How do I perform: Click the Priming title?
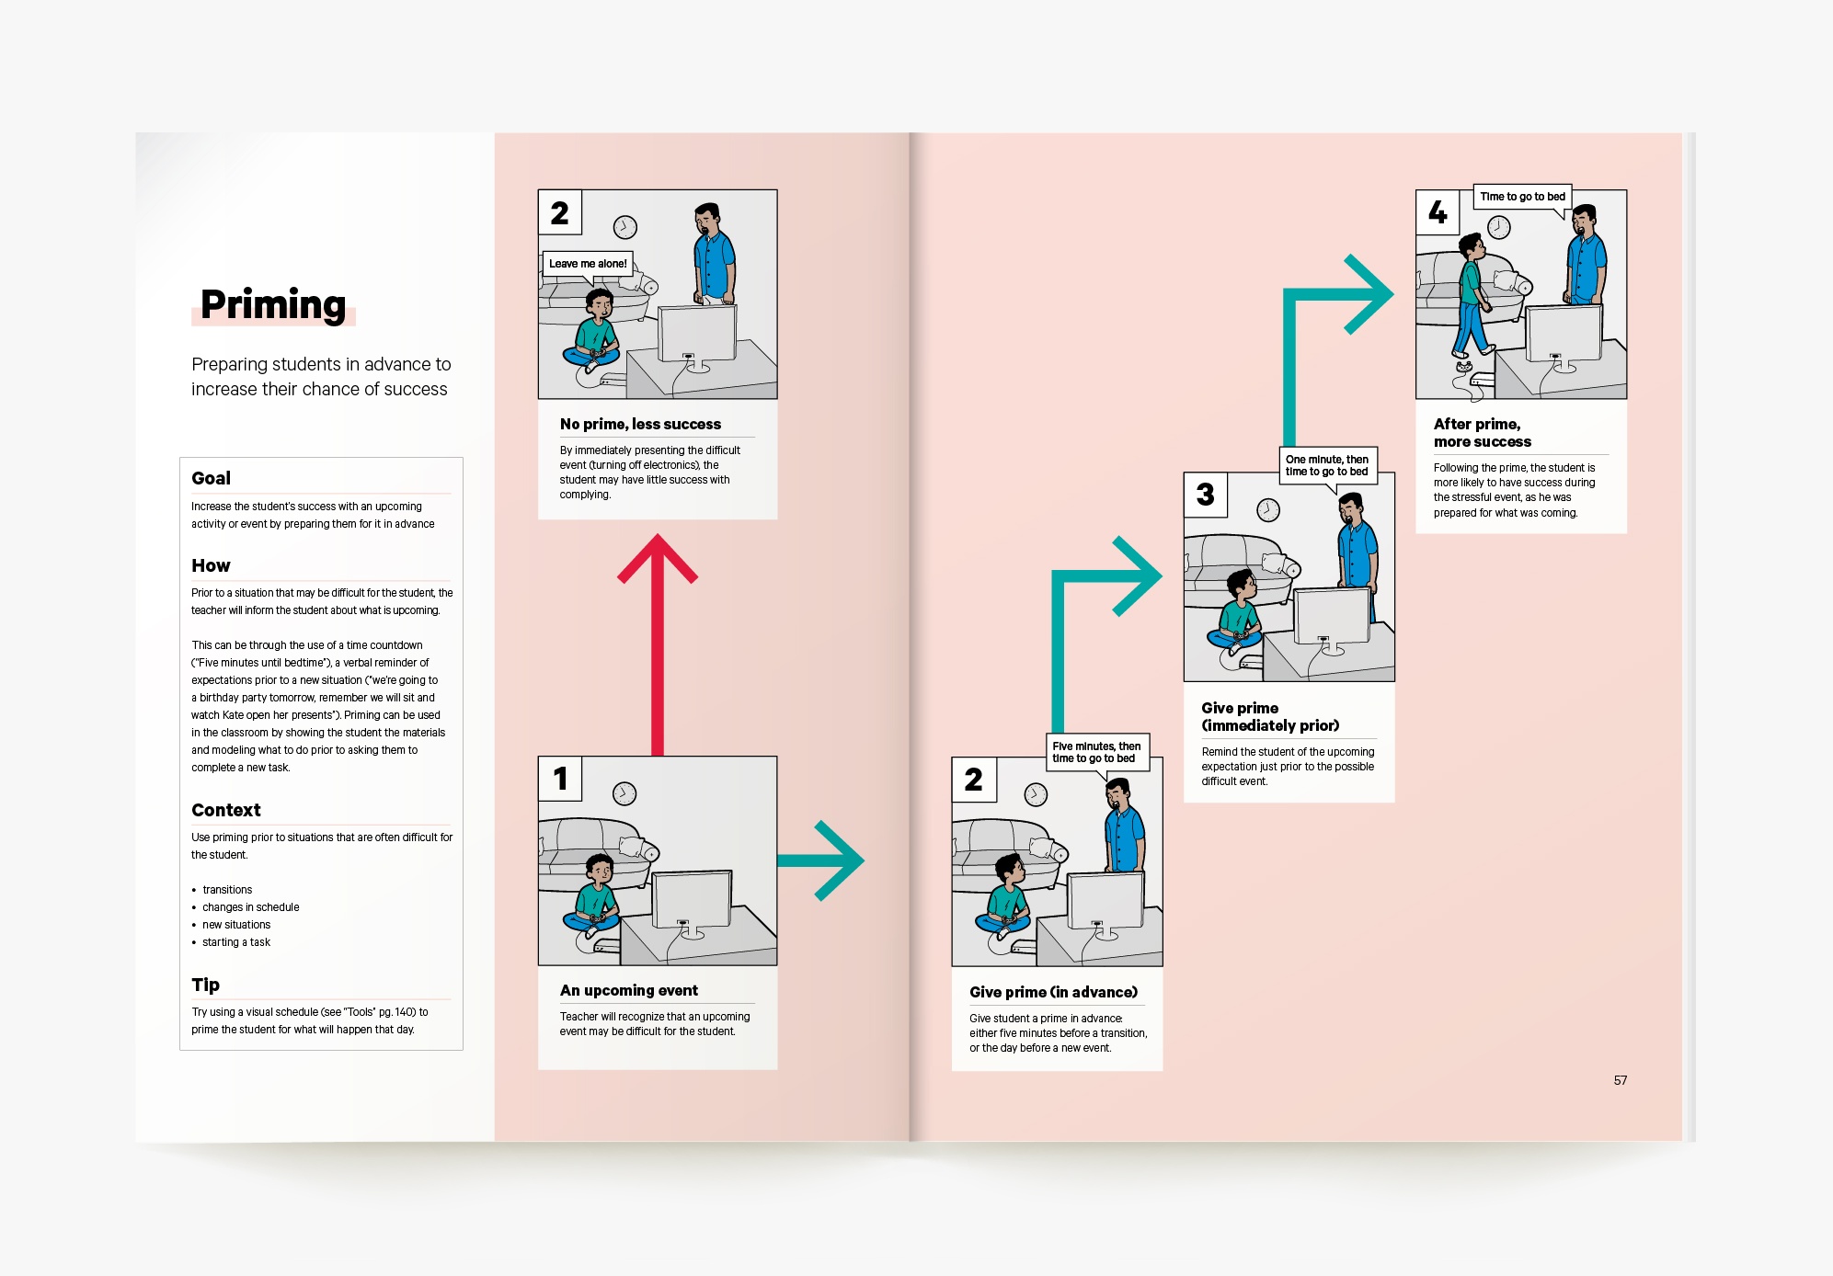273,304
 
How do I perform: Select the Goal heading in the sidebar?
211,478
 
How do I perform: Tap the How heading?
211,565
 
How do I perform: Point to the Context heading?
226,810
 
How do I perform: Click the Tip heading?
205,985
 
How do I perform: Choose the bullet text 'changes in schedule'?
251,907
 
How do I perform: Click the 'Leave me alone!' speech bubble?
588,264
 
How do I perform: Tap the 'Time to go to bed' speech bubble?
1522,197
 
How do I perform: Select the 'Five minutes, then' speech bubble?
1096,752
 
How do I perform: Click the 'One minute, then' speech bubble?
1326,465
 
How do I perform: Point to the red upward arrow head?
658,557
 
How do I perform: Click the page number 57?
1621,1080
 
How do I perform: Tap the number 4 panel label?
1438,212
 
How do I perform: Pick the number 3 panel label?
1206,495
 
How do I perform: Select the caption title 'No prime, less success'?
640,424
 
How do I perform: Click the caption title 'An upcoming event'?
629,990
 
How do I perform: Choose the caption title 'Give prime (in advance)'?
1053,992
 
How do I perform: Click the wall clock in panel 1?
624,793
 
